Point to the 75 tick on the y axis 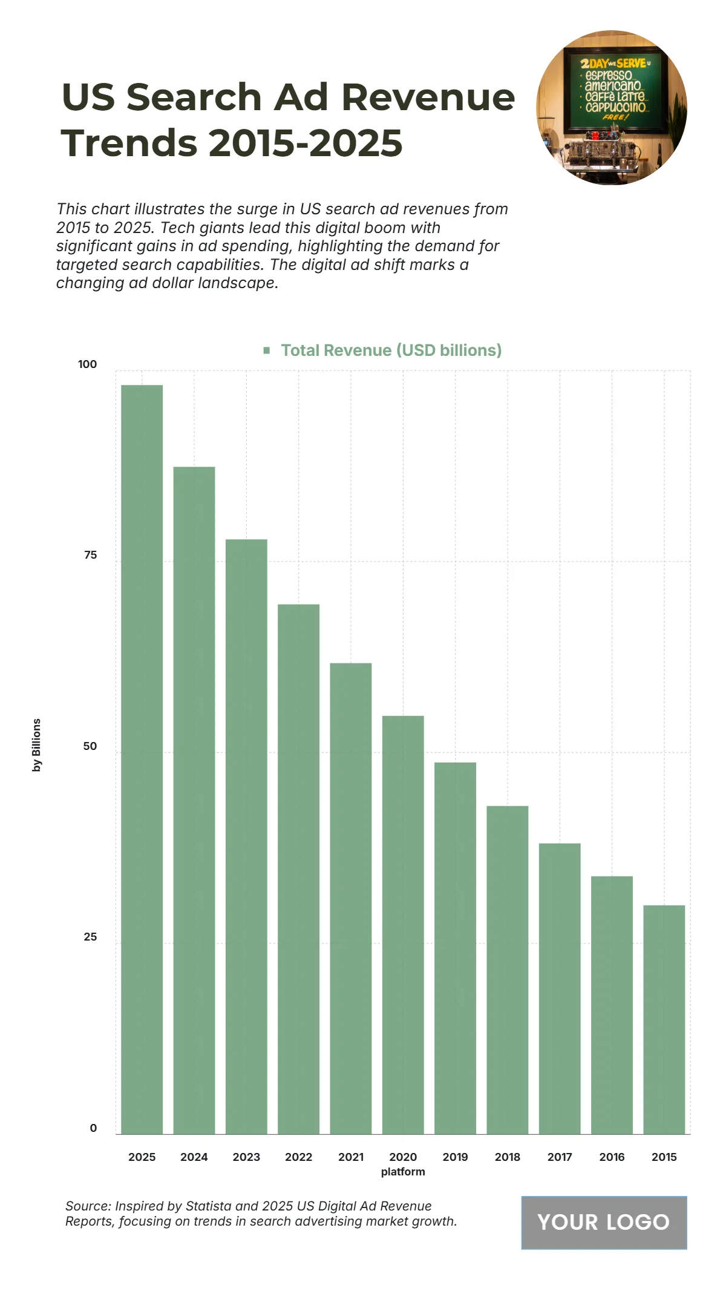(x=90, y=555)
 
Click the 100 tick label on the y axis (x=87, y=364)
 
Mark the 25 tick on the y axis (x=90, y=937)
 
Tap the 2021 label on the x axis (x=351, y=1157)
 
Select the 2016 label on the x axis (x=612, y=1157)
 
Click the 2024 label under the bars (x=194, y=1157)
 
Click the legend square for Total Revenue (x=267, y=350)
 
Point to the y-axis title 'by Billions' (x=37, y=744)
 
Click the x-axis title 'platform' (x=403, y=1172)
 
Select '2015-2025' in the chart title (x=306, y=143)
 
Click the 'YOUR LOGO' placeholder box (x=604, y=1222)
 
